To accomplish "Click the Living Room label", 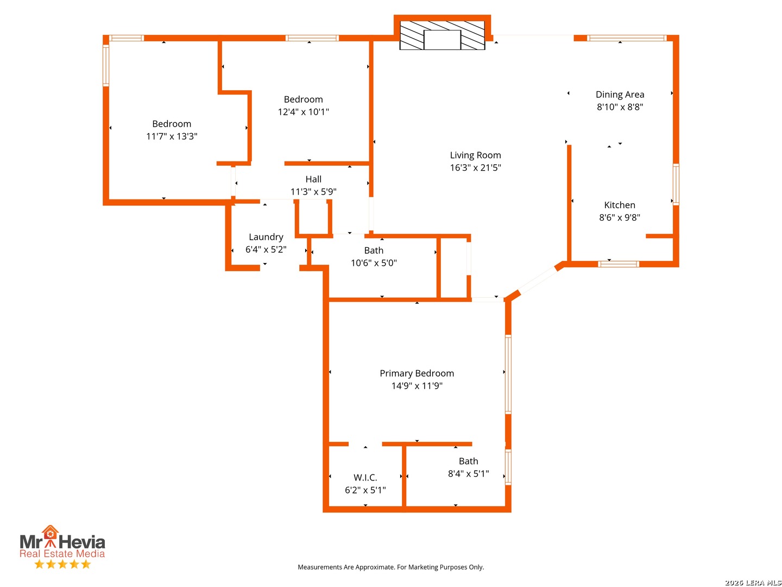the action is [475, 155].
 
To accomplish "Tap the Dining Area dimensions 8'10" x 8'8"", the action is [620, 107].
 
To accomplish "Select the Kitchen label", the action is [620, 205].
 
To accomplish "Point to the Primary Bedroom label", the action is [417, 373].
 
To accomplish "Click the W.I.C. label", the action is [365, 477].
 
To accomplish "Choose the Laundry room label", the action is [266, 237].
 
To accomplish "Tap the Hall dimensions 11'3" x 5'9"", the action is [313, 192].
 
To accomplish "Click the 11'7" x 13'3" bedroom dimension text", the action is [172, 136].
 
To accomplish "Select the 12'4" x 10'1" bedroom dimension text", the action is [303, 112].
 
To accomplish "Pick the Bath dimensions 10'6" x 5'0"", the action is [374, 263].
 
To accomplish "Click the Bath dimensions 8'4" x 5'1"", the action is [469, 473].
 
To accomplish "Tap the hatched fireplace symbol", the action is [442, 35].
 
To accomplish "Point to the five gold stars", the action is [62, 564].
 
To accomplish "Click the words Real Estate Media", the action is [62, 553].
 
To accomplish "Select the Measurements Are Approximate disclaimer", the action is [391, 567].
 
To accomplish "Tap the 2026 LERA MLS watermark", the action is [753, 582].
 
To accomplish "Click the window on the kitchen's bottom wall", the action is [618, 264].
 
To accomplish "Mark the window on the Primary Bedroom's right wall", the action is [508, 374].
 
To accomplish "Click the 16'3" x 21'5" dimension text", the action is [475, 167].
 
